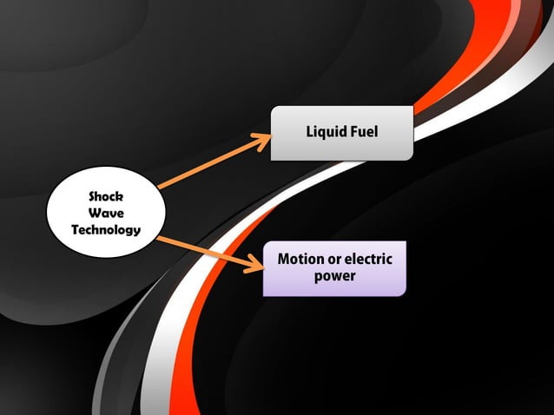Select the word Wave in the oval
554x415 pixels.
[x=105, y=213]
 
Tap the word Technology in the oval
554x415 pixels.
[x=105, y=230]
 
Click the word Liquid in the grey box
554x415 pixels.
[x=325, y=132]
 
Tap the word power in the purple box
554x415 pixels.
[x=334, y=276]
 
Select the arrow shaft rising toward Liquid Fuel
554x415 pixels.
[x=208, y=162]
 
